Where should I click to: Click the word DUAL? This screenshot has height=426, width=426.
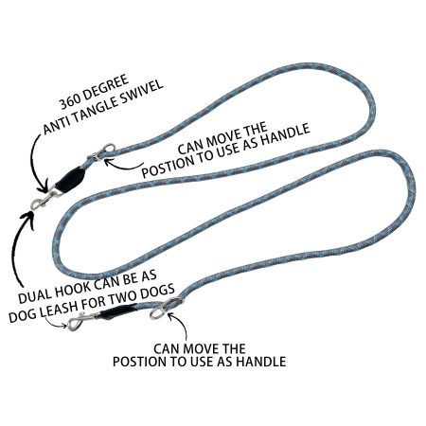(35, 294)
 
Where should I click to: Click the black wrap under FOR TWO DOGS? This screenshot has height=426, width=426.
(117, 311)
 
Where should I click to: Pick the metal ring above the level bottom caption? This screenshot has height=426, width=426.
(165, 308)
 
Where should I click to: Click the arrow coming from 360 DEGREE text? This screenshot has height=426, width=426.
(35, 164)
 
